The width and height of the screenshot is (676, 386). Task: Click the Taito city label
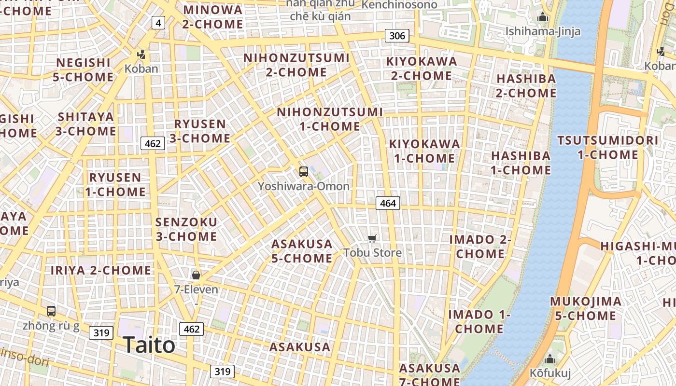coord(149,345)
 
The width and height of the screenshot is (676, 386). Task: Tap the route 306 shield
coord(397,35)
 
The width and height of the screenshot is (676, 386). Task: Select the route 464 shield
coord(388,203)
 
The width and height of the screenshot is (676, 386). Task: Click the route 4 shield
coord(158,22)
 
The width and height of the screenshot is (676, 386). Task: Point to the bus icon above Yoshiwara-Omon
coord(303,171)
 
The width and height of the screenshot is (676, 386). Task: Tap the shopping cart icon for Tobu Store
coord(372,238)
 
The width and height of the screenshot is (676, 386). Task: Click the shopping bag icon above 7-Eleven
coord(196,275)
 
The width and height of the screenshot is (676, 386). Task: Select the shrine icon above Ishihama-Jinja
coord(543,18)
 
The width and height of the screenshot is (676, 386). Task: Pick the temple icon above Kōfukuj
coord(550,359)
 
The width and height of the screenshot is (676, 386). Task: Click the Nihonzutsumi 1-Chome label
coord(330,119)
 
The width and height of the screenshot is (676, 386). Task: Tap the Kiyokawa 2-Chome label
coord(422,69)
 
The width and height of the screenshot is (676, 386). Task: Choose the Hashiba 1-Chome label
coord(521,163)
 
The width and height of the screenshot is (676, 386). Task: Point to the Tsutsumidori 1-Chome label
coord(608,148)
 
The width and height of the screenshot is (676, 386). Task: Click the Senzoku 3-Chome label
coord(186,229)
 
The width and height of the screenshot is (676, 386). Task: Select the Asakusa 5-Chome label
coord(302,251)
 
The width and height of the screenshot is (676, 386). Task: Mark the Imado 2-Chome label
coord(480,247)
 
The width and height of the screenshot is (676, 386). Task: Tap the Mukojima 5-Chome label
coord(586,309)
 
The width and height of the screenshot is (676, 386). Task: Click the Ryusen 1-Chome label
coord(115,184)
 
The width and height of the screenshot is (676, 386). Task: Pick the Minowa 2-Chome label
coord(213,17)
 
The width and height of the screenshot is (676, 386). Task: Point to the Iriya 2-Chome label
coord(101,270)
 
